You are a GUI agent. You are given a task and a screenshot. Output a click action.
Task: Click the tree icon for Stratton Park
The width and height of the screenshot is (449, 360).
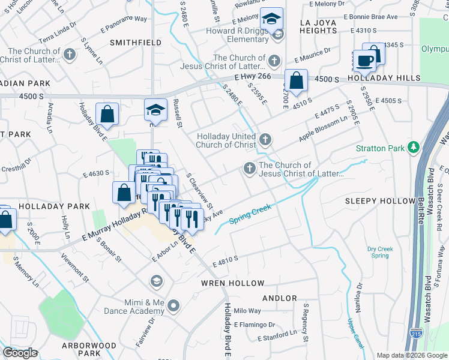pos(413,147)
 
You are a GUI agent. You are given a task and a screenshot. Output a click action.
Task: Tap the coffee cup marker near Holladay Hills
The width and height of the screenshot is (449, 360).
pos(365,61)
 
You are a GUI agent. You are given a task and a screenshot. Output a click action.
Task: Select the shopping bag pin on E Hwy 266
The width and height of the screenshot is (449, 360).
pos(296,80)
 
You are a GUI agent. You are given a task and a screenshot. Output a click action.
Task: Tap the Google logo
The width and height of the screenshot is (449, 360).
pos(20,353)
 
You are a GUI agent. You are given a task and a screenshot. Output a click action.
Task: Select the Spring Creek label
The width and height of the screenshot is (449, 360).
pos(250,214)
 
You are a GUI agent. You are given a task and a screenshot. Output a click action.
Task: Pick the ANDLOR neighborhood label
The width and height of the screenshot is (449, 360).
pos(280,298)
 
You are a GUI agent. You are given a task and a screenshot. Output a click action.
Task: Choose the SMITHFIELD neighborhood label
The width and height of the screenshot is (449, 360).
pos(136,43)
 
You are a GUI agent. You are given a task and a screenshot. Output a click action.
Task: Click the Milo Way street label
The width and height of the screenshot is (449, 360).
pos(247,311)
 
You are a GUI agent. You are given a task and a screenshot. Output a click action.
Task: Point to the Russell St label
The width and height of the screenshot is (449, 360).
pos(178,114)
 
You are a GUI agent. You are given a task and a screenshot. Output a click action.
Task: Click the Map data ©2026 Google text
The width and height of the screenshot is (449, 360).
pos(411,355)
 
